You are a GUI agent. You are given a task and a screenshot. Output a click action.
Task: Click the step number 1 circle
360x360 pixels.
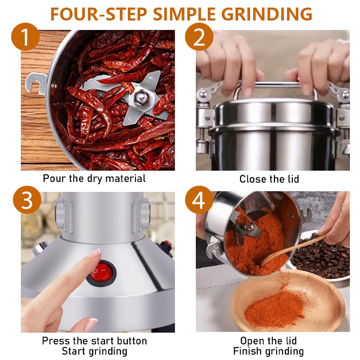click(25, 37)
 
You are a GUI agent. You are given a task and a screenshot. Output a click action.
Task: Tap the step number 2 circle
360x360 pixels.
click(199, 37)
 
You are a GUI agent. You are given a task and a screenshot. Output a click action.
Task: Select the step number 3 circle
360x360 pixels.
click(27, 200)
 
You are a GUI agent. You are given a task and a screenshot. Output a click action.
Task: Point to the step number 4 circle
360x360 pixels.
click(199, 200)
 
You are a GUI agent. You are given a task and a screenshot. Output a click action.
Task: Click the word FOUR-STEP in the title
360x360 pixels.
click(99, 14)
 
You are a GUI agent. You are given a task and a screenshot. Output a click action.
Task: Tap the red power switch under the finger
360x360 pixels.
click(101, 273)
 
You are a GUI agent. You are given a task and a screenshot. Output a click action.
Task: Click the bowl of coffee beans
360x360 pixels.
click(321, 257)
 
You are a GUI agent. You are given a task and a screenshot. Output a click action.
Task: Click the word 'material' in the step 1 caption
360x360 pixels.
click(125, 179)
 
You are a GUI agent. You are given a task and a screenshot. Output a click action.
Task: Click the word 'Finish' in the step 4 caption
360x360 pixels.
click(247, 351)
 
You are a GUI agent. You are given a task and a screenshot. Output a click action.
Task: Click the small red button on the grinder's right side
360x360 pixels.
click(168, 243)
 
